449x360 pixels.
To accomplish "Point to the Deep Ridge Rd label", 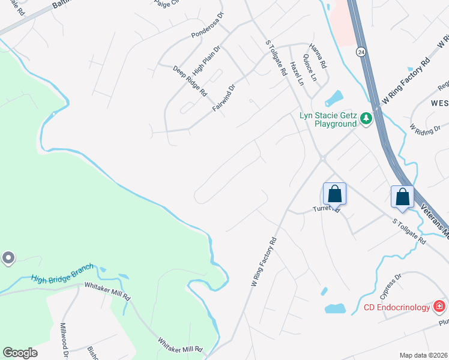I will [x=190, y=81].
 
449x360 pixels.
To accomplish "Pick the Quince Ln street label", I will [x=310, y=67].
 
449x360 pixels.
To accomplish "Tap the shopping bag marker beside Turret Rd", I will [x=335, y=193].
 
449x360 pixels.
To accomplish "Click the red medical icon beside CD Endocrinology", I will [x=439, y=307].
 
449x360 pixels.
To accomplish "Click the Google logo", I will [x=20, y=353].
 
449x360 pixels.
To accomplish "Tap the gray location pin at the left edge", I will [x=8, y=259].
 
